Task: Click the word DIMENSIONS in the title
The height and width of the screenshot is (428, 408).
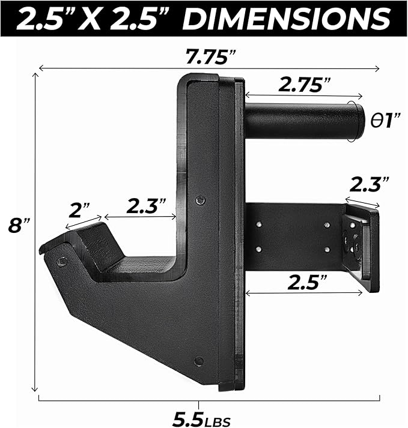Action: (x=286, y=18)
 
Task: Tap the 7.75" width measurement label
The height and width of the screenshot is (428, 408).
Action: (x=210, y=56)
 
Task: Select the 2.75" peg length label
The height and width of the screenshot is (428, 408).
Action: (x=305, y=85)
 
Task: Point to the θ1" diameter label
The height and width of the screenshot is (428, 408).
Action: (x=385, y=120)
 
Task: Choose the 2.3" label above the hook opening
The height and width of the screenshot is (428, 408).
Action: (x=146, y=206)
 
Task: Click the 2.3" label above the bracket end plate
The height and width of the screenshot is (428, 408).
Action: (x=370, y=184)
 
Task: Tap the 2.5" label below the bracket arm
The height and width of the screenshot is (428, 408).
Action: (x=307, y=283)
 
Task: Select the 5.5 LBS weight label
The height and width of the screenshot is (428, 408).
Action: (x=202, y=419)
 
